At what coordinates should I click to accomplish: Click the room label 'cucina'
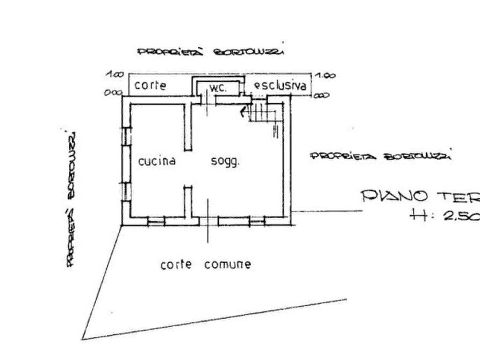pos(157,161)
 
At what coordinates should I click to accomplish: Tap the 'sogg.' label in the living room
pos(225,161)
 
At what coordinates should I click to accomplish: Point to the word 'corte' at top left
pos(150,85)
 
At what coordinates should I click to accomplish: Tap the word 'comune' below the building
pos(227,264)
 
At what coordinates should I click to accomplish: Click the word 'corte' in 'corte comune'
pos(177,264)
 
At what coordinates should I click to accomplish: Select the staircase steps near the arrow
pos(263,113)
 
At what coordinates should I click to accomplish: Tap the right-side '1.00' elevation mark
pos(326,75)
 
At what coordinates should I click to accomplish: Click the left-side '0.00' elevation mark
pos(113,92)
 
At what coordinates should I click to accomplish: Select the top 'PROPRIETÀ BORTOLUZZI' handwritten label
pos(213,52)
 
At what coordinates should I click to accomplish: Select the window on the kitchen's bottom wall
pos(156,220)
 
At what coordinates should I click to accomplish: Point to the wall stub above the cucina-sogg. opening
pos(188,127)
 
